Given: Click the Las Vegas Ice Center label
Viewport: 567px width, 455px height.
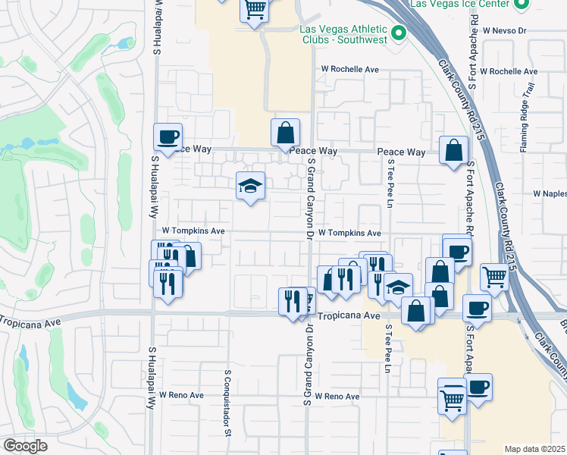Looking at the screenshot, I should click(x=459, y=4).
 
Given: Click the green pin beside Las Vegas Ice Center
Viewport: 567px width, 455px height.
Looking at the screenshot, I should click(x=520, y=5).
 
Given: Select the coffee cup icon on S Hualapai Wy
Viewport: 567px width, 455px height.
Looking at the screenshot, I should click(x=168, y=136).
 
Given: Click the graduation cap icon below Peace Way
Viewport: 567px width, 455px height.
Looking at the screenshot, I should click(x=249, y=185).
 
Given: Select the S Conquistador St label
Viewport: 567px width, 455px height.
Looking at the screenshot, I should click(x=227, y=403).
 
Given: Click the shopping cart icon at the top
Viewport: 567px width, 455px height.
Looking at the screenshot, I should click(x=255, y=10).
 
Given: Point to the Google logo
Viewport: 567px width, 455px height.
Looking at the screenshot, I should click(x=25, y=445).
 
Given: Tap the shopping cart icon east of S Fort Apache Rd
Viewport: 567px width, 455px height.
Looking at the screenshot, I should click(x=494, y=278).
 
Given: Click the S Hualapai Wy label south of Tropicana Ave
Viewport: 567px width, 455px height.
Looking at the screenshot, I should click(x=152, y=373).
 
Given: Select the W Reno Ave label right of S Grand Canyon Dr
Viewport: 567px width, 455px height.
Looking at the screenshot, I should click(x=338, y=397).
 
